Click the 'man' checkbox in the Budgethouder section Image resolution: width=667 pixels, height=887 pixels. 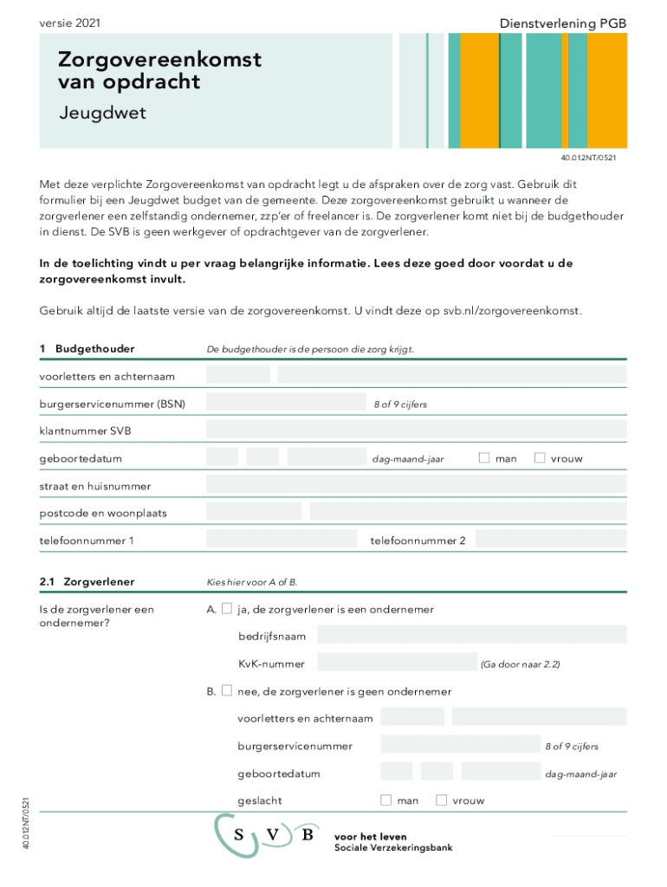(x=484, y=457)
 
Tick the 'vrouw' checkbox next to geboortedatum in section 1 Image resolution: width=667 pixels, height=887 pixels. (x=540, y=457)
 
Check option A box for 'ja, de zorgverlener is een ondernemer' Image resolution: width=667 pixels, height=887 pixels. (x=226, y=609)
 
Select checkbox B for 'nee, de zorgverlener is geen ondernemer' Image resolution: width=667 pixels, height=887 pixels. (x=226, y=691)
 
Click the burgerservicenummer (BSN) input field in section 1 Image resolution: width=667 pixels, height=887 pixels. (x=286, y=403)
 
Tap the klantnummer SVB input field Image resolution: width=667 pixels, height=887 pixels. (x=416, y=431)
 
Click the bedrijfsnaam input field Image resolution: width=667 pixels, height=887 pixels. (x=471, y=636)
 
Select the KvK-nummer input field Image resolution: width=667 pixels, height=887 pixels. (x=397, y=664)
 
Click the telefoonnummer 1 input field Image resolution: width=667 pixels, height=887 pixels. (x=282, y=541)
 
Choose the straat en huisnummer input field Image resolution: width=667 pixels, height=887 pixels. (x=416, y=485)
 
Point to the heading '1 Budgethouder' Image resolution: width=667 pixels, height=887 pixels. (x=87, y=348)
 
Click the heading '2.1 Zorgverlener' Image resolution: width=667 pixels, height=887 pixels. (x=87, y=581)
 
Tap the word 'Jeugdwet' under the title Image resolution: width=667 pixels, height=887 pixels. (x=102, y=113)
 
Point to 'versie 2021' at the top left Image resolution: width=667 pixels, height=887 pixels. (x=69, y=23)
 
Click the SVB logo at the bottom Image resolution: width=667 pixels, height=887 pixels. (x=268, y=835)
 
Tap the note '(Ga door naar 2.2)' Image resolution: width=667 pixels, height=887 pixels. (x=520, y=664)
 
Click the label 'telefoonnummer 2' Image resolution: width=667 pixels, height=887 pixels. (x=418, y=541)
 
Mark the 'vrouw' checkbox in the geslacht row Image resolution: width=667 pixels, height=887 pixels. (x=441, y=800)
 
